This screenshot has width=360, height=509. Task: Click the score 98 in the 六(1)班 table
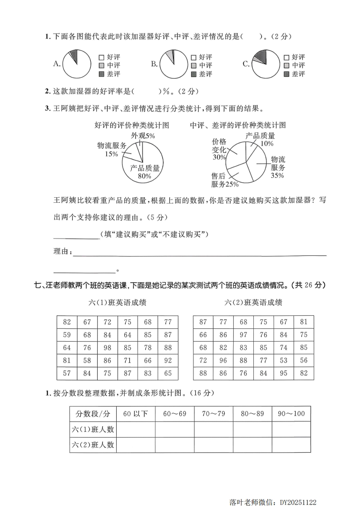107,347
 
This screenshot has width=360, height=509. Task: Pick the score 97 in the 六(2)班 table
244,335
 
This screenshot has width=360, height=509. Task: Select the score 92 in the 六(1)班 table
168,361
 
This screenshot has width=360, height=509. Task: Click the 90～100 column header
291,414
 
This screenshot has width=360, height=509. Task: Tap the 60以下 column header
136,414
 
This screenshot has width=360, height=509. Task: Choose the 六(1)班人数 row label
93,429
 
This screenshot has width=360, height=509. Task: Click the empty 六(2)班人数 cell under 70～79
213,445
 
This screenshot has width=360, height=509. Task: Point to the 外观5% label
143,136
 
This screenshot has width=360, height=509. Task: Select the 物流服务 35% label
277,167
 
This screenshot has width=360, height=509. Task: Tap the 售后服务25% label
224,180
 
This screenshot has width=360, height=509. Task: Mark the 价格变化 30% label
219,149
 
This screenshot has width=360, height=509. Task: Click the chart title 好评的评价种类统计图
132,125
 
